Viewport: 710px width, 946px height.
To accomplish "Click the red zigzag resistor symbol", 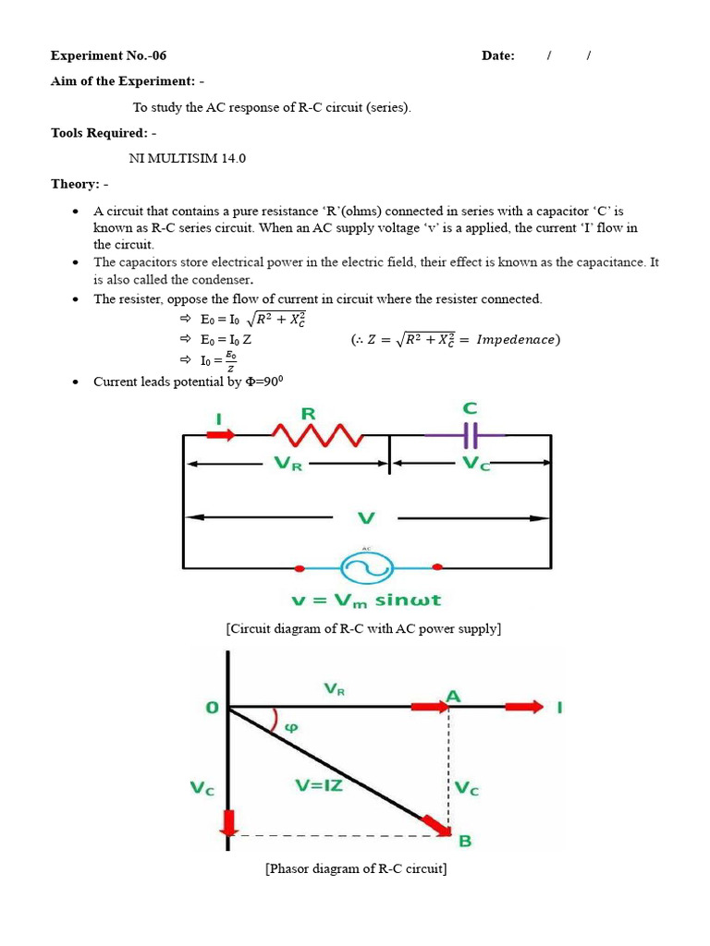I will tap(316, 433).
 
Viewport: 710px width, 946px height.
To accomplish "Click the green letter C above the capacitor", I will tap(470, 407).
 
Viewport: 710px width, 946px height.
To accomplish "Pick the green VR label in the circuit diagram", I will tap(289, 464).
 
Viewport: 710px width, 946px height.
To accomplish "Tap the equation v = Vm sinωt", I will tap(366, 600).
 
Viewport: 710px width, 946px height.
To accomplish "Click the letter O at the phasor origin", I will tap(212, 708).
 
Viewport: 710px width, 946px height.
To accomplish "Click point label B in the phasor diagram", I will tap(465, 840).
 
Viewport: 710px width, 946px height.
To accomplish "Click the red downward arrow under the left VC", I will tap(228, 821).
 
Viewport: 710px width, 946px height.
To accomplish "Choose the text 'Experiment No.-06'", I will tap(108, 55).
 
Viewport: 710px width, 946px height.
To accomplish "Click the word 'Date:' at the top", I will tap(498, 55).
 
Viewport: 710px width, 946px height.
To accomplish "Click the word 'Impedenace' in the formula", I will tap(517, 340).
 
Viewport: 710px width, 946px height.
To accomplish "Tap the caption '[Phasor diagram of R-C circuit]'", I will tap(356, 869).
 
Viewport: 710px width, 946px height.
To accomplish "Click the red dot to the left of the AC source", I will tap(299, 568).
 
